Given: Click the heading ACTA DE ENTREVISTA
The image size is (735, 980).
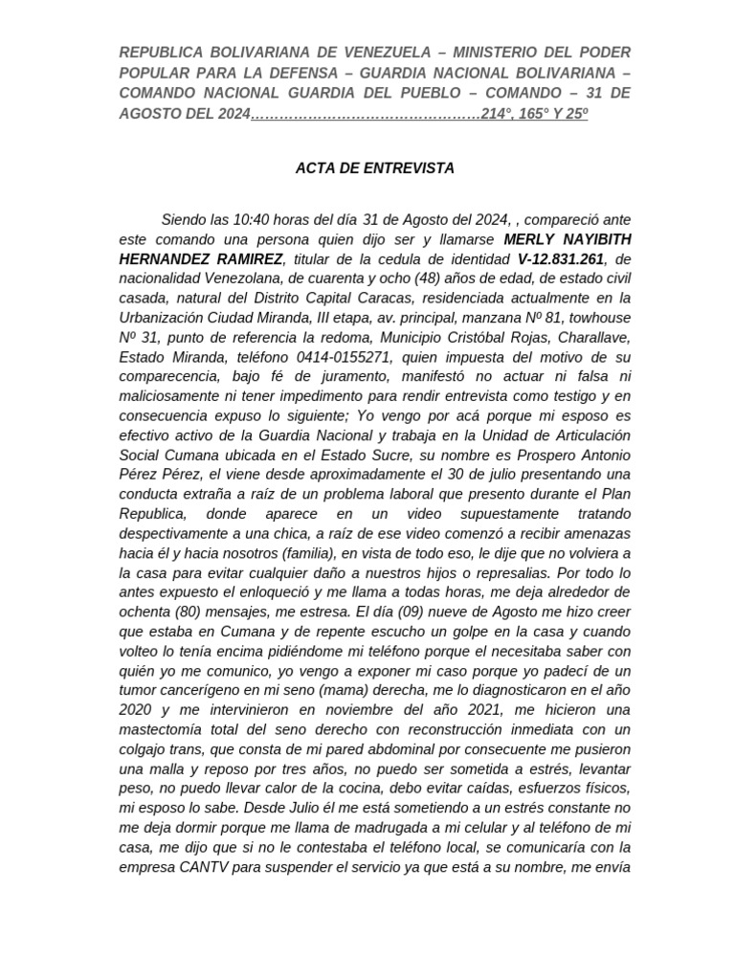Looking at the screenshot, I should tap(374, 167).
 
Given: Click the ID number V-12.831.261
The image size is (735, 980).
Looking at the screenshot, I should tap(562, 259).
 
